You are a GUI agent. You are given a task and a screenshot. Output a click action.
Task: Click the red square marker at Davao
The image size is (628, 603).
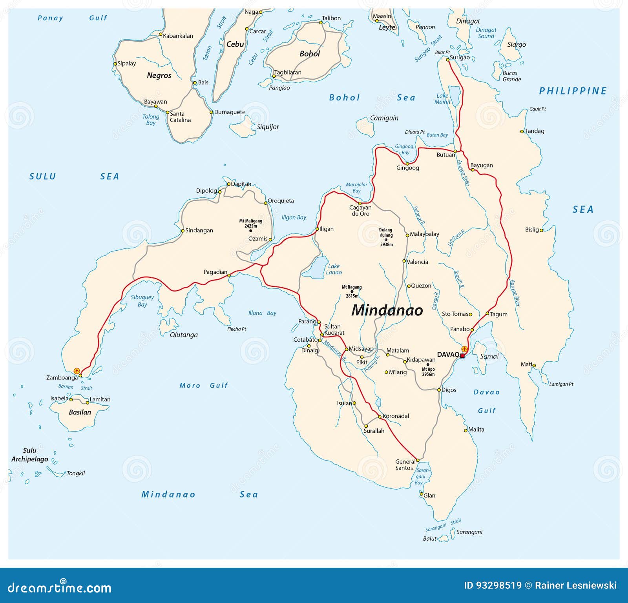462,356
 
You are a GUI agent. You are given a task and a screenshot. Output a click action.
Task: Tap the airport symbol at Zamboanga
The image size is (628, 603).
77,371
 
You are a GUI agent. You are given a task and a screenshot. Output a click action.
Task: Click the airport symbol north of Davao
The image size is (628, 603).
465,349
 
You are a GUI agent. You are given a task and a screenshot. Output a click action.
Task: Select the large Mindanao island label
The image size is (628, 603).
387,310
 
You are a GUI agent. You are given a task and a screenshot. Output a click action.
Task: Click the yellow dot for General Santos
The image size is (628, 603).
418,460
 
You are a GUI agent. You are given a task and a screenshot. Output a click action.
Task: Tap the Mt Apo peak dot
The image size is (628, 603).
428,364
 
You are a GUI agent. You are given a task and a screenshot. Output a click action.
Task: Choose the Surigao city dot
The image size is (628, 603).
447,60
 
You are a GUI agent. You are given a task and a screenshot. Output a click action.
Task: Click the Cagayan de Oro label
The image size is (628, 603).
360,211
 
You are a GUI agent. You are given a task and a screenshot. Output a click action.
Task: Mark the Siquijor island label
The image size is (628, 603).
268,127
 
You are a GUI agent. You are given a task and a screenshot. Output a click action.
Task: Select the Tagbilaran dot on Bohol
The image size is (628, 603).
274,76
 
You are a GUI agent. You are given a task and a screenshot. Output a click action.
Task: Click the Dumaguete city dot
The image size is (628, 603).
211,112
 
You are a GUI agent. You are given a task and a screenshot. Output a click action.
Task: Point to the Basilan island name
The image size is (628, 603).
80,412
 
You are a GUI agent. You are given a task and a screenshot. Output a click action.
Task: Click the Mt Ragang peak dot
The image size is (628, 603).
352,291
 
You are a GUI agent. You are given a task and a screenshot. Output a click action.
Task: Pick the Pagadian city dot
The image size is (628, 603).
229,275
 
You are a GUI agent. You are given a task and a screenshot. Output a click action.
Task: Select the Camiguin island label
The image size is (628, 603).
384,118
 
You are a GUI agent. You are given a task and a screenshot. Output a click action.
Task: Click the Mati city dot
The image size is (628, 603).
534,366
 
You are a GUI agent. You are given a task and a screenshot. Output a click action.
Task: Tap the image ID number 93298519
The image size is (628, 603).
498,585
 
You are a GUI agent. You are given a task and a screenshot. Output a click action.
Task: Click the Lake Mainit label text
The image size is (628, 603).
442,98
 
